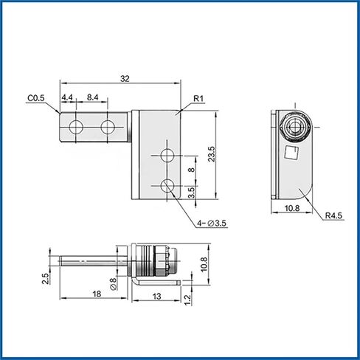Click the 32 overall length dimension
tap(125, 79)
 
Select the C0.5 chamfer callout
tap(36, 98)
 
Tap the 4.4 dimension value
tap(67, 97)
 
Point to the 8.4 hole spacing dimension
tap(92, 97)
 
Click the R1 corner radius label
tap(198, 99)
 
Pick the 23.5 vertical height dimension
tap(212, 154)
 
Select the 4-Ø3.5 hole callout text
tap(211, 224)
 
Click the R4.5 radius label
tap(333, 215)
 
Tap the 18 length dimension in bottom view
tap(97, 294)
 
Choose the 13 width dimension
tap(156, 297)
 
